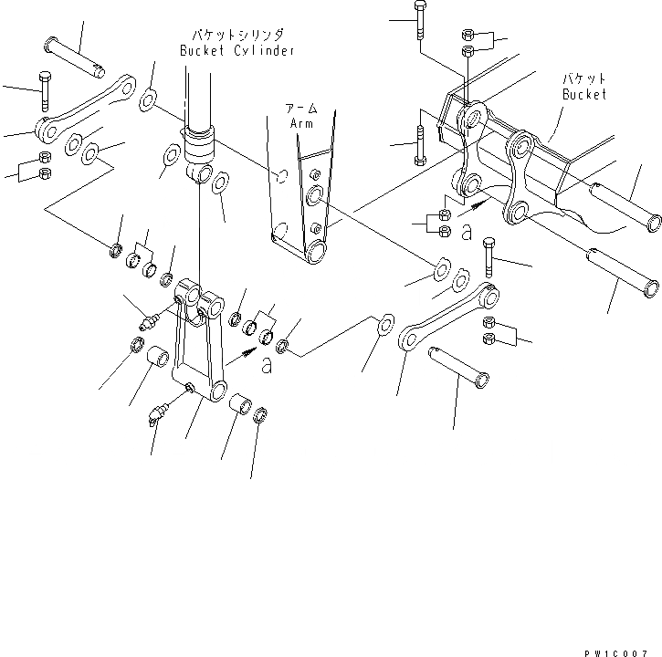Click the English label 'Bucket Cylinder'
coord(236,51)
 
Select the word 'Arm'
coord(301,122)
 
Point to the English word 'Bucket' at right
coord(584,94)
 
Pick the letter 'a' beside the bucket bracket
coord(466,234)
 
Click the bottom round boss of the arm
coord(315,250)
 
